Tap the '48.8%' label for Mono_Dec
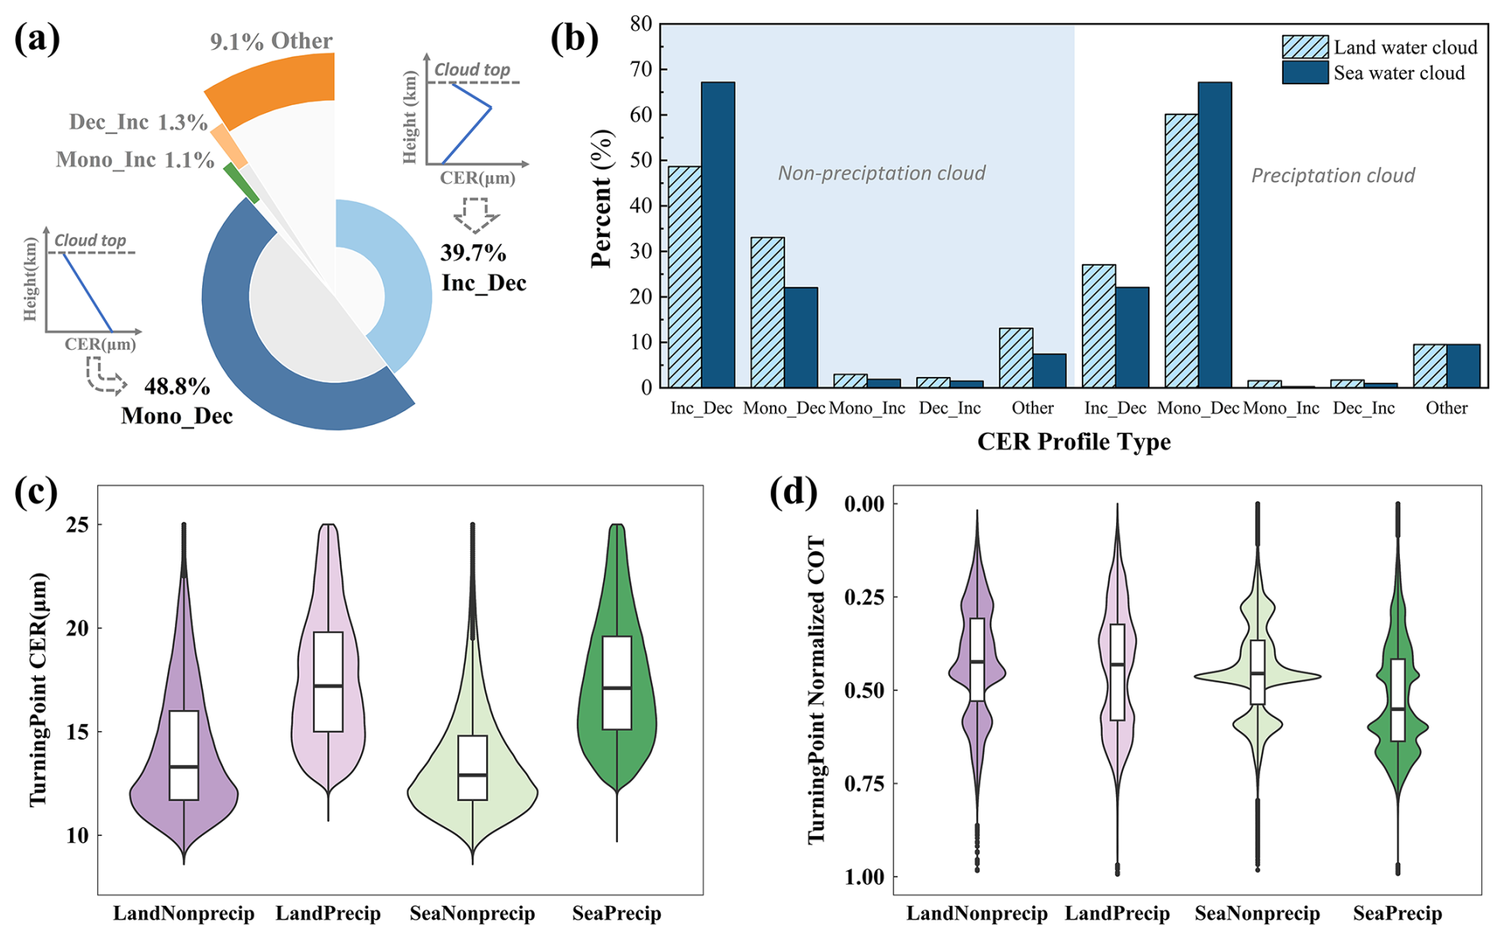(177, 387)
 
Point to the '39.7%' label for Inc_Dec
(473, 253)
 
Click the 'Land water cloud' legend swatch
(1305, 47)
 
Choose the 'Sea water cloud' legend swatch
(1305, 73)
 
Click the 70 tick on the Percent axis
(641, 69)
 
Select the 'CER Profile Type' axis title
(1074, 442)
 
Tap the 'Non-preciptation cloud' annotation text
(881, 173)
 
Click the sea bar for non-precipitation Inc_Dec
(717, 235)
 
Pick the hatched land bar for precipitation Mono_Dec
(1181, 251)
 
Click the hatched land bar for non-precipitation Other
(1016, 358)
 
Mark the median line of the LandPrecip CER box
(328, 686)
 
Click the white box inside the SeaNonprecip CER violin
(472, 767)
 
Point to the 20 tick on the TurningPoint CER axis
(78, 628)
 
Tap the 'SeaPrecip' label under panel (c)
(616, 913)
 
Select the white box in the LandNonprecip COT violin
(977, 659)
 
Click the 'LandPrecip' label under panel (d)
(1117, 913)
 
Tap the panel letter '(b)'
(574, 38)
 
